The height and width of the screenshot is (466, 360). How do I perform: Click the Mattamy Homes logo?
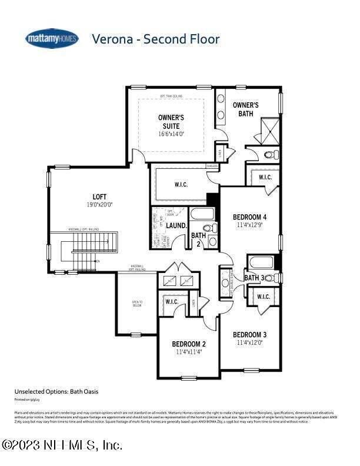tap(52, 39)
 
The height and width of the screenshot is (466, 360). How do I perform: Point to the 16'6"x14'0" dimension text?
tap(171, 134)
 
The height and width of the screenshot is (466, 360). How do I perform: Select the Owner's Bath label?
tap(245, 109)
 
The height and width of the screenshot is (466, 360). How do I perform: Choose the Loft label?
tap(99, 197)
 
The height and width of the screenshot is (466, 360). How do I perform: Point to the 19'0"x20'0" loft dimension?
tap(99, 205)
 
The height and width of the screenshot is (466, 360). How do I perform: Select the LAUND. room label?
tap(176, 225)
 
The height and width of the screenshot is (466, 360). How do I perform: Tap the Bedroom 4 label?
tap(249, 216)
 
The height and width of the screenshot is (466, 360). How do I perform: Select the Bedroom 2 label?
tap(189, 344)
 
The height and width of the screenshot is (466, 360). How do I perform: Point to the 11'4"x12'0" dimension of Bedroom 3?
tap(249, 342)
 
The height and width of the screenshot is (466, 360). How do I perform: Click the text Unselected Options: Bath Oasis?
tap(52, 391)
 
